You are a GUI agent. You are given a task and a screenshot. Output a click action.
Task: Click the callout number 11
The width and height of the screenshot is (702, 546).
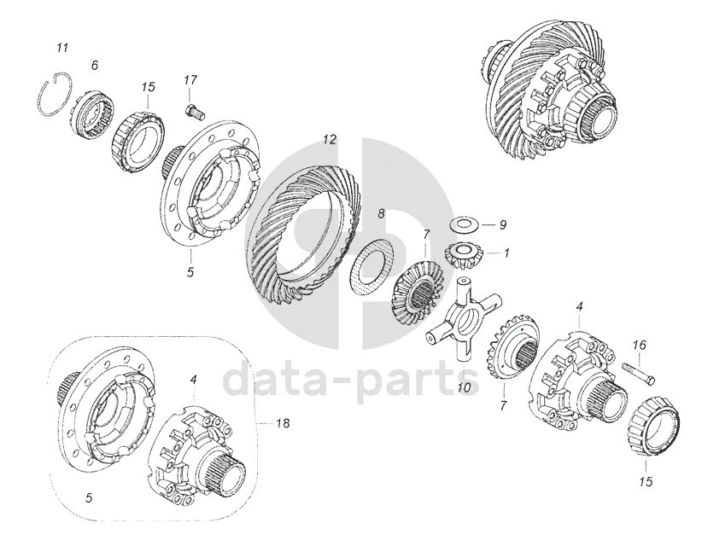click(62, 48)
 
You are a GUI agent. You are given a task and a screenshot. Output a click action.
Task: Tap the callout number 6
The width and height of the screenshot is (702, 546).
click(94, 66)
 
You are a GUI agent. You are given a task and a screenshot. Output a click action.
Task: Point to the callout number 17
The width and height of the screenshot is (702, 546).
click(190, 80)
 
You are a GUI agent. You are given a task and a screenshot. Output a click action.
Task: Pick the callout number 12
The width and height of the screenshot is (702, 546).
click(329, 139)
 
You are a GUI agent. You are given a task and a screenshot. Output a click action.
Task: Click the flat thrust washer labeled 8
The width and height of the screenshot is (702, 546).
click(371, 266)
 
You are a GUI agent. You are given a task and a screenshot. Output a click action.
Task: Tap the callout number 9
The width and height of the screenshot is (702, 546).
click(503, 224)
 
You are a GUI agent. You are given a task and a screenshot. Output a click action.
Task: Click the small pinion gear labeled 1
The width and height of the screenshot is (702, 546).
click(459, 255)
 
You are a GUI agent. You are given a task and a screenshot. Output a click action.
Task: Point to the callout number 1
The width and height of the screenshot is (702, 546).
click(506, 253)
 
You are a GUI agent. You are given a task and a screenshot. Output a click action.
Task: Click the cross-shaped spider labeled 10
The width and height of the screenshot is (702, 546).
click(463, 317)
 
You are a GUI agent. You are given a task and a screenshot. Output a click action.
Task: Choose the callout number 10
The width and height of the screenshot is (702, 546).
click(465, 386)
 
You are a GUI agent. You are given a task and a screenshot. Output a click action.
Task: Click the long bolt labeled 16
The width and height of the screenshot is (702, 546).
click(639, 374)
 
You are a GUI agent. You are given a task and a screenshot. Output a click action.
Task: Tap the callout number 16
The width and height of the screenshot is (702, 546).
click(640, 346)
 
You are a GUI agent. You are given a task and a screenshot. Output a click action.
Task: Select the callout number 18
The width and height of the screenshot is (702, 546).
click(283, 422)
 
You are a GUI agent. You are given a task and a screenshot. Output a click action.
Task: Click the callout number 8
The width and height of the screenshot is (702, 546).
click(381, 213)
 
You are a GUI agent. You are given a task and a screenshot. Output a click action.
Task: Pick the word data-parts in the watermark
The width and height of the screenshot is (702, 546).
click(350, 380)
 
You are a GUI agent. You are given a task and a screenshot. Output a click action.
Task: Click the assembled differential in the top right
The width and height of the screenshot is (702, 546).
click(551, 97)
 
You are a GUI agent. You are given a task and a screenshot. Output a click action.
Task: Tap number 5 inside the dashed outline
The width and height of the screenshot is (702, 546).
click(89, 497)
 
